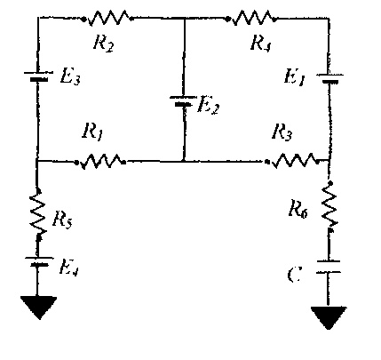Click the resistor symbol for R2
pyautogui.click(x=109, y=16)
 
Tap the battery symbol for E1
pyautogui.click(x=329, y=79)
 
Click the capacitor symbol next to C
pyautogui.click(x=329, y=269)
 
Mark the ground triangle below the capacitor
pyautogui.click(x=329, y=318)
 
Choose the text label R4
pyautogui.click(x=258, y=42)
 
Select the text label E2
pyautogui.click(x=209, y=106)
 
